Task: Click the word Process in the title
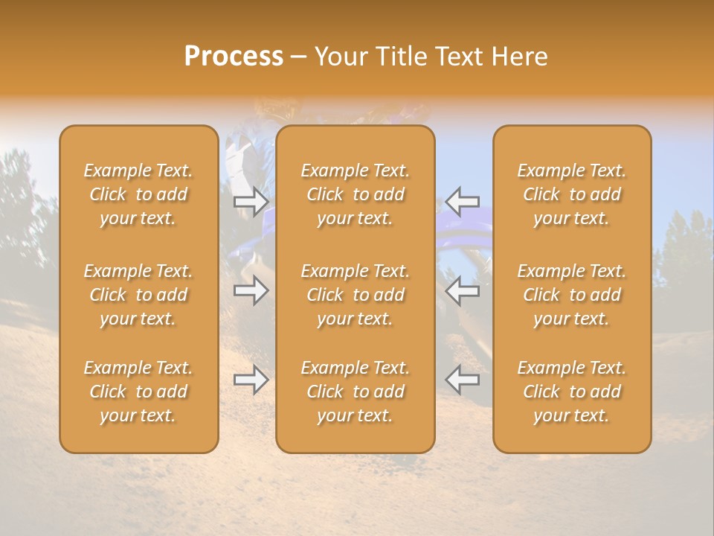[x=234, y=57]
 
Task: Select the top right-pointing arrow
[x=251, y=201]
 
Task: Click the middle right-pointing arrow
[x=251, y=290]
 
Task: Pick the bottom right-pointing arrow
[x=251, y=380]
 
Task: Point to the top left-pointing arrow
[x=463, y=201]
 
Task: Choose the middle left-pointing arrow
[x=463, y=290]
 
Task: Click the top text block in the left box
[x=138, y=194]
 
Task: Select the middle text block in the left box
[x=138, y=295]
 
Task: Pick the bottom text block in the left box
[x=138, y=392]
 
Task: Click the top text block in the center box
[x=356, y=194]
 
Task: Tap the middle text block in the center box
[x=356, y=295]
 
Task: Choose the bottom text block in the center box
[x=356, y=392]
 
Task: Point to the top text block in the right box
[x=572, y=194]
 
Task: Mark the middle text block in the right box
[x=572, y=295]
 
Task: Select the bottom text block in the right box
[x=572, y=392]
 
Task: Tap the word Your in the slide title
[x=339, y=57]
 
